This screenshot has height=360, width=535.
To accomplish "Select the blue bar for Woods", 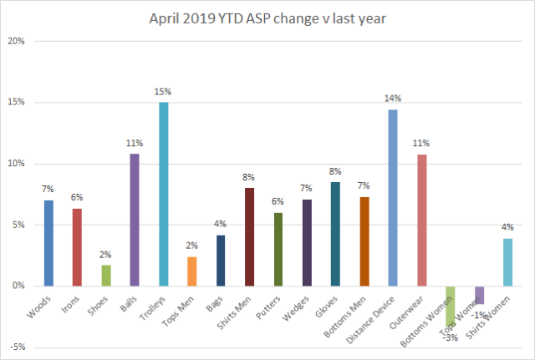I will point(48,243).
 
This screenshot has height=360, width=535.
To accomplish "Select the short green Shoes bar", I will point(105,276).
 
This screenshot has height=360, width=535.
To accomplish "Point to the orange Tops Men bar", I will point(191,271).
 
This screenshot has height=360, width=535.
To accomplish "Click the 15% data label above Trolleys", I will point(164,93).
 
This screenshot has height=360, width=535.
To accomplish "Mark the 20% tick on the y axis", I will point(17,41).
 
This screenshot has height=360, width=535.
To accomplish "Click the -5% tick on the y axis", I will point(17,347).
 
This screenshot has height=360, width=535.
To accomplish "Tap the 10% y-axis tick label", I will point(17,164).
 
